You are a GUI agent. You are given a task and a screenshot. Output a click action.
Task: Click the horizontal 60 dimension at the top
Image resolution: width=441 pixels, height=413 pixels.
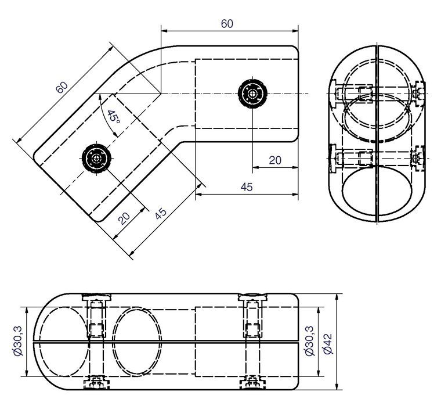(227, 24)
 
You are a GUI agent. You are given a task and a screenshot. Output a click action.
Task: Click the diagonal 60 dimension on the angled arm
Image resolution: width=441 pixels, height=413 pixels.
(62, 88)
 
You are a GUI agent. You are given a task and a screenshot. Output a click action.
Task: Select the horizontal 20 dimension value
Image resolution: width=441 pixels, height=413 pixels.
(275, 160)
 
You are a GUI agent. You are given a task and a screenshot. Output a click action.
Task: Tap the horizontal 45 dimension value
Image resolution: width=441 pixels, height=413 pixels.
(247, 187)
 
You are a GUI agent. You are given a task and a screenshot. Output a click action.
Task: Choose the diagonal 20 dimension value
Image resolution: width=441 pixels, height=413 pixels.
(124, 218)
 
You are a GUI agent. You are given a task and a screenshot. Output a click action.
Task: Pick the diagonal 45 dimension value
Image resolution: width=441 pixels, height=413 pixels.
(161, 214)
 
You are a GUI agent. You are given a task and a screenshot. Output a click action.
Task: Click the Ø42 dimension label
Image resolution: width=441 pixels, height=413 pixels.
(328, 344)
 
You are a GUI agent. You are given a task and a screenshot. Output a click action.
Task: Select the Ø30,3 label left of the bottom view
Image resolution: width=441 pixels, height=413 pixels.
(18, 341)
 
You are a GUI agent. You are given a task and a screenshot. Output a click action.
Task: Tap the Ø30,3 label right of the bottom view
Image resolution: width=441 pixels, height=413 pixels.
(310, 341)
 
